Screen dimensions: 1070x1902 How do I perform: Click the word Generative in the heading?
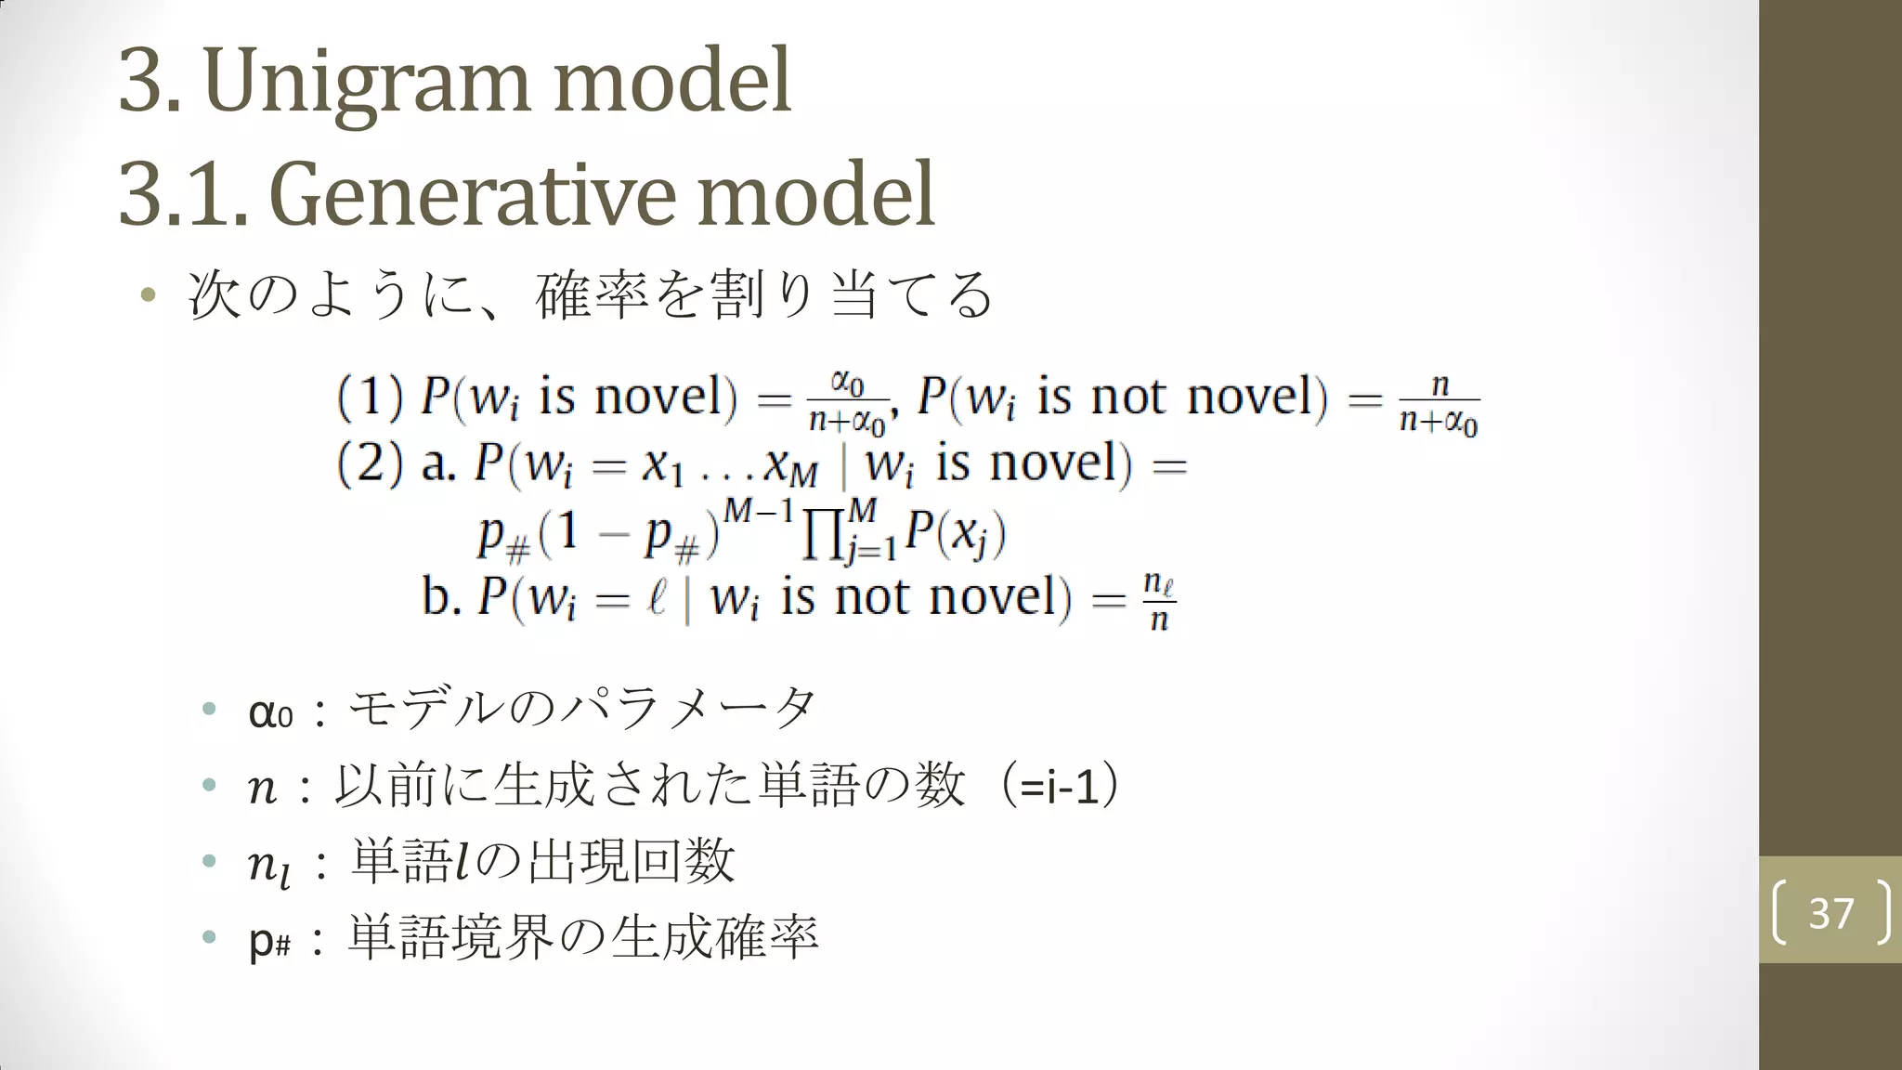point(473,195)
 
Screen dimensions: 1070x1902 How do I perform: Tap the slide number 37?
point(1830,913)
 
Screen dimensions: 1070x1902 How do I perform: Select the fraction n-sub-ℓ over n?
point(1158,601)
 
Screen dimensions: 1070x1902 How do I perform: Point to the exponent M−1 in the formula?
point(759,511)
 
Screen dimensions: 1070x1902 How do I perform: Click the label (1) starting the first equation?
point(370,397)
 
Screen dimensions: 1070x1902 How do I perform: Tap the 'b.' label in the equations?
point(441,596)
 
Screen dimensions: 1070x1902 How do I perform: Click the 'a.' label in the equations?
point(437,463)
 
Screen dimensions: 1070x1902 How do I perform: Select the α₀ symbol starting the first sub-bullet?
point(270,712)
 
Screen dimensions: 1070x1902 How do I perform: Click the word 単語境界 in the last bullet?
point(451,937)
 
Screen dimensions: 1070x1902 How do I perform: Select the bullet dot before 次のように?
point(148,296)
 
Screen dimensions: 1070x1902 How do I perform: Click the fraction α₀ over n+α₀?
point(847,402)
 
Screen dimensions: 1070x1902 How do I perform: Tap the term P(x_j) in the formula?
point(956,534)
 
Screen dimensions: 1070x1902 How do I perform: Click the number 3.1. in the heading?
point(183,195)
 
